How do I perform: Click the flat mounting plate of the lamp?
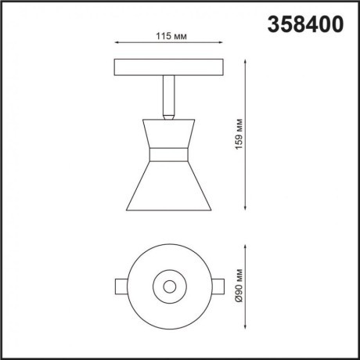point(170,67)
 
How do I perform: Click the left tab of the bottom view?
point(119,286)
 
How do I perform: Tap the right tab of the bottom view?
point(221,286)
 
